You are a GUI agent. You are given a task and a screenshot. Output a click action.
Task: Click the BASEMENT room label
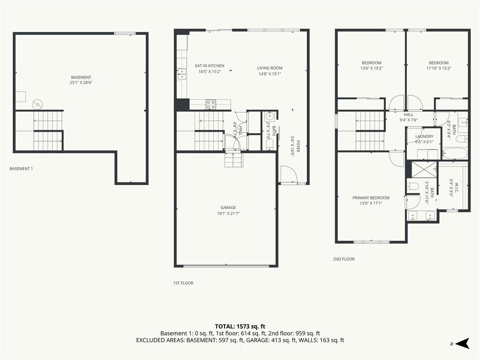click(x=81, y=77)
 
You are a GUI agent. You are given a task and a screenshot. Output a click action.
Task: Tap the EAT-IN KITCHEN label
click(x=210, y=66)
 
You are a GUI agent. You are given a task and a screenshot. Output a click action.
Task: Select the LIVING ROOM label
click(x=270, y=68)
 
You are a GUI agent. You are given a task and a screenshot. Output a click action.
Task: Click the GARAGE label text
click(x=228, y=208)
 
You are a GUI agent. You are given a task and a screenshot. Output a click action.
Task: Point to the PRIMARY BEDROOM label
click(x=371, y=198)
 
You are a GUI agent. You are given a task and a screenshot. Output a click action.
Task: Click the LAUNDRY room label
click(x=424, y=136)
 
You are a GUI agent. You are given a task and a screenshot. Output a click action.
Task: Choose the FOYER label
click(x=298, y=146)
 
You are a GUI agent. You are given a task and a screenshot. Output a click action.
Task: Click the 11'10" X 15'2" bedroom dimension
click(x=439, y=68)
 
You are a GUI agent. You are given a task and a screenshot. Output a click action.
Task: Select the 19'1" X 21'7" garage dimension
click(x=228, y=213)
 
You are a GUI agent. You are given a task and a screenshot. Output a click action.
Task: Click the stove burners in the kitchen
click(x=210, y=105)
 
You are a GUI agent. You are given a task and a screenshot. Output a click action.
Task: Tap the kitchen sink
click(x=181, y=74)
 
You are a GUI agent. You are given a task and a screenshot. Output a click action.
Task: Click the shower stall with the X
click(x=424, y=169)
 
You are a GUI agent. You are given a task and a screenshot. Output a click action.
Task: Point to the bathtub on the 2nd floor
click(x=455, y=153)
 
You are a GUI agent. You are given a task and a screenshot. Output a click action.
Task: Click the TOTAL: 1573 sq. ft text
click(x=240, y=326)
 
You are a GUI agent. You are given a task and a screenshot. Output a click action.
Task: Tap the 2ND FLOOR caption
click(x=344, y=259)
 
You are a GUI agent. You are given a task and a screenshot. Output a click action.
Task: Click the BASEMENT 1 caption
click(x=21, y=169)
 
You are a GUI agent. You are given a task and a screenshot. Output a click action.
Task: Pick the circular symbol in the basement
click(x=37, y=105)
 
